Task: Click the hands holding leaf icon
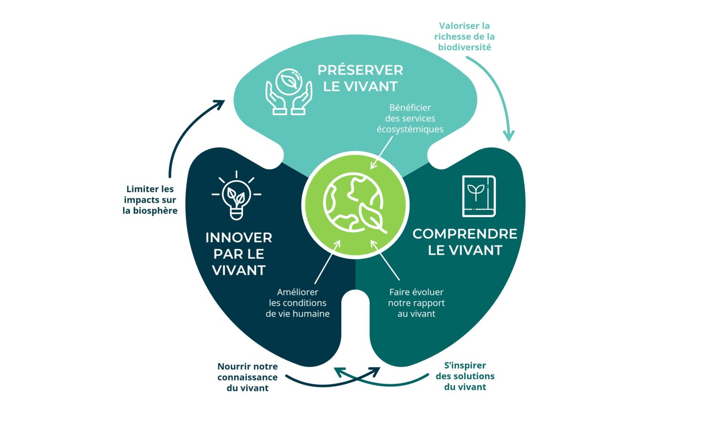coord(289,92)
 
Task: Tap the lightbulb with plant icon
coord(236,196)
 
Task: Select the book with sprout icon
coord(479,196)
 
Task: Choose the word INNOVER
coord(239,238)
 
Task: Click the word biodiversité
coord(464,47)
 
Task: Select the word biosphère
coord(155,211)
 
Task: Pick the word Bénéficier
coord(410,108)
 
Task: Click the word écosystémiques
coord(410,129)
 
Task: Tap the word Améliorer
coord(298,292)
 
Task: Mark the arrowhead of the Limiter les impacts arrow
coord(220,104)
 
